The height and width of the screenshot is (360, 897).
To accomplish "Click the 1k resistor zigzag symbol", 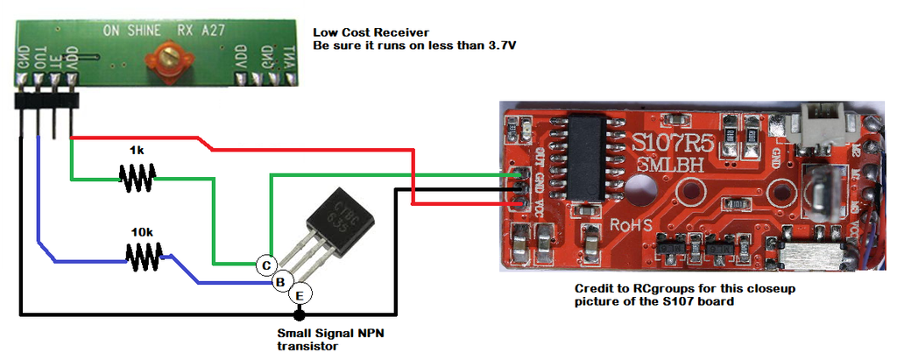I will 138,179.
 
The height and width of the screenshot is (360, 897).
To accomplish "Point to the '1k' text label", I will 136,151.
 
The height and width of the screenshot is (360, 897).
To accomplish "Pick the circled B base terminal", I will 280,282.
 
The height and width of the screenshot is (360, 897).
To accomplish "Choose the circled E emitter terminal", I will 299,294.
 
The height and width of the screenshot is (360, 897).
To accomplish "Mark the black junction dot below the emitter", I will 299,314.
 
